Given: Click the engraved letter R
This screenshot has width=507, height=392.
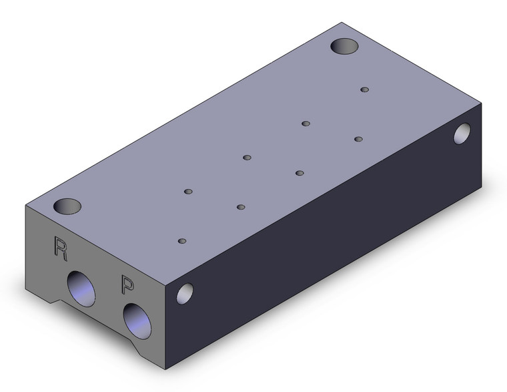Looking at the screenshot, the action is pyautogui.click(x=61, y=248).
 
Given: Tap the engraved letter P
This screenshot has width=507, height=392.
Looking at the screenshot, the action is pyautogui.click(x=127, y=284).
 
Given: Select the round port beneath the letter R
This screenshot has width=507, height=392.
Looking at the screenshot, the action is pyautogui.click(x=81, y=288).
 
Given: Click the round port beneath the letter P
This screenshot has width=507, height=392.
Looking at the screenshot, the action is pyautogui.click(x=137, y=321).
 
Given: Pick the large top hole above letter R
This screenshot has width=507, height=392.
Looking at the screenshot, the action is pyautogui.click(x=67, y=206).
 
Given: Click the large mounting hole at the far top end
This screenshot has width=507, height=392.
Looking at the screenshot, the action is pyautogui.click(x=345, y=46).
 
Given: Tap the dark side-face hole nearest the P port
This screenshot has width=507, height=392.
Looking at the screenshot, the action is pyautogui.click(x=185, y=294).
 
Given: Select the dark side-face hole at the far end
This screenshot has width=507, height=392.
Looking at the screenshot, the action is pyautogui.click(x=462, y=134).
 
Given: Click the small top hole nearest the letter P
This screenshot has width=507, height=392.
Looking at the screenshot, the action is pyautogui.click(x=182, y=241).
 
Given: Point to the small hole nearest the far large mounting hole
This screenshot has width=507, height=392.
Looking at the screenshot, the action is pyautogui.click(x=365, y=89).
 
